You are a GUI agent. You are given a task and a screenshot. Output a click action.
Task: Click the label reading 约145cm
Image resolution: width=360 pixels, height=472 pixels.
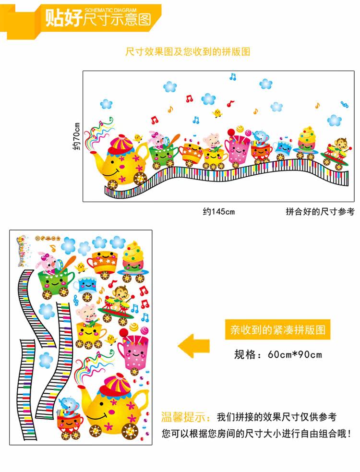(218, 211)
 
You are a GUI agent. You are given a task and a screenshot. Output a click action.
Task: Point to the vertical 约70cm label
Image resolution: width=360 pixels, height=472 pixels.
(75, 136)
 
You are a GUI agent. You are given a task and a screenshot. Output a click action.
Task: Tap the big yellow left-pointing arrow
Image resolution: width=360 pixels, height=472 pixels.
(194, 346)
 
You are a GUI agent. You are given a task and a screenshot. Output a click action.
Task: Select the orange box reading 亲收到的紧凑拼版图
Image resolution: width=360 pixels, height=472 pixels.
(278, 330)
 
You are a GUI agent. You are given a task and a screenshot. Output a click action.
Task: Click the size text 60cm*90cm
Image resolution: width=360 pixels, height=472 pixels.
(295, 355)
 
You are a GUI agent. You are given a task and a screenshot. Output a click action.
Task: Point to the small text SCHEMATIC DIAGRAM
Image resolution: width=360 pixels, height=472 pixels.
(110, 10)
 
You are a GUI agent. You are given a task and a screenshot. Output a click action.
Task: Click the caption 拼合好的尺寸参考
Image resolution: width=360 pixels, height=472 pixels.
(320, 211)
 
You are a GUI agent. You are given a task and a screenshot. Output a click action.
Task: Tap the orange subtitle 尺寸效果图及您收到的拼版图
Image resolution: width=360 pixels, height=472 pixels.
(188, 52)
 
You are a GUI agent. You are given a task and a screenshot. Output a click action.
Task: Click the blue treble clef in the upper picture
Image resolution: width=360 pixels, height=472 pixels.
(344, 104)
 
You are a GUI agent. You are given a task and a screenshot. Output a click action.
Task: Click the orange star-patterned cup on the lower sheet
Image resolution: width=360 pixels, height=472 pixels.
(101, 261)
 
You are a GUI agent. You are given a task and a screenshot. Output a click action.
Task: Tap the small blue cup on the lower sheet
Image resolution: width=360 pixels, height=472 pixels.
(88, 284)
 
